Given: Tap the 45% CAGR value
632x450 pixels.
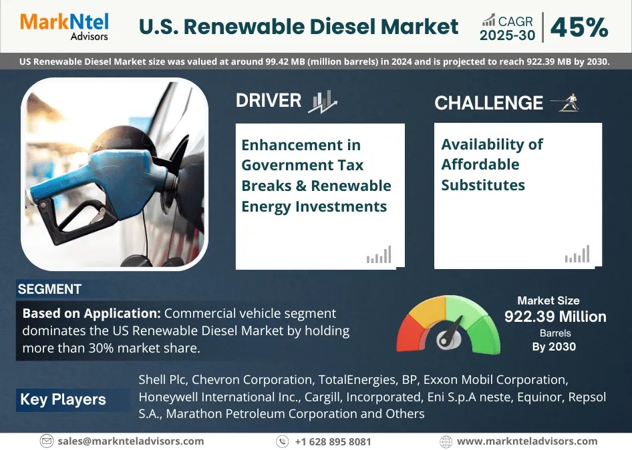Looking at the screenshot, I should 579,27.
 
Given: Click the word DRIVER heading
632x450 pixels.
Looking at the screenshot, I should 269,101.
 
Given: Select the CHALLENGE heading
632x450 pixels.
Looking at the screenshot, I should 488,103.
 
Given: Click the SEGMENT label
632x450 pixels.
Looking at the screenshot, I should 49,289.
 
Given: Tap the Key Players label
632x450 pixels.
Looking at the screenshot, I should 63,399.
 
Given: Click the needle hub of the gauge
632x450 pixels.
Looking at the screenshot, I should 446,339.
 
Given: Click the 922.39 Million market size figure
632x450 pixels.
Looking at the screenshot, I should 555,316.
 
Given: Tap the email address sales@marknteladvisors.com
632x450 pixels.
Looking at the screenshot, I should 131,441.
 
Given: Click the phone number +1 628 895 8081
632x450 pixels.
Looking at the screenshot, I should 333,441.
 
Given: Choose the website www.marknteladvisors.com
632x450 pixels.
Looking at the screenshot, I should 527,441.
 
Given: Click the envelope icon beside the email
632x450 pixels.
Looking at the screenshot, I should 47,441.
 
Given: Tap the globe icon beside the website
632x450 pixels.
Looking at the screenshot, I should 446,441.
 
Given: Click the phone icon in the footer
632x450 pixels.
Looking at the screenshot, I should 283,441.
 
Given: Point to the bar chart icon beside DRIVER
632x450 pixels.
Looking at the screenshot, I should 323,101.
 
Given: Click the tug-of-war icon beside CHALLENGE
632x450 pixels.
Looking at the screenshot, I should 565,103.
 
